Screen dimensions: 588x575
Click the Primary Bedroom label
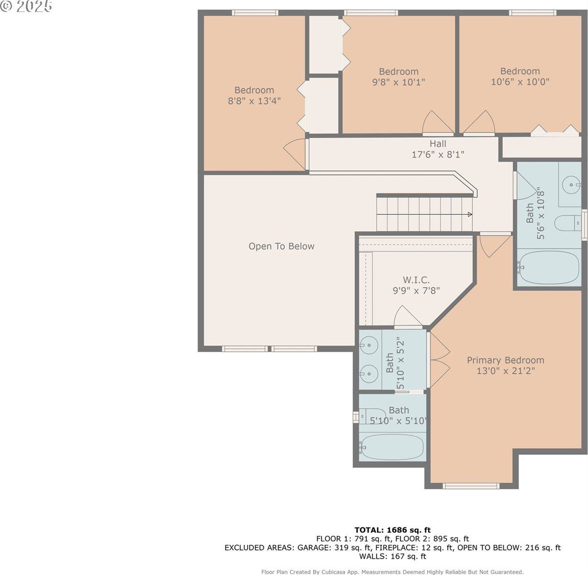[506, 360]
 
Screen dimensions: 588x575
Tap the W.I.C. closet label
[416, 280]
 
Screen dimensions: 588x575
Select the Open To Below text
[281, 246]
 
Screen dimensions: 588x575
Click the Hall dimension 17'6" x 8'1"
[438, 154]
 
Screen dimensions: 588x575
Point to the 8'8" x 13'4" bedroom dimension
[254, 101]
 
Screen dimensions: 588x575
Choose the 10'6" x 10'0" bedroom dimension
[520, 81]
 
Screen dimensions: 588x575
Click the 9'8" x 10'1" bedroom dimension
[398, 82]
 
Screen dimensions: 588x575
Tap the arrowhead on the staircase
[470, 214]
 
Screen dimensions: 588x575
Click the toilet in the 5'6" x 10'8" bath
[568, 223]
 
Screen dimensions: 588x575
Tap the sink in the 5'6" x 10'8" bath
[572, 184]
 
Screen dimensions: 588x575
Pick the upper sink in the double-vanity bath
[369, 345]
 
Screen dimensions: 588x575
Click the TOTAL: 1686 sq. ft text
[392, 529]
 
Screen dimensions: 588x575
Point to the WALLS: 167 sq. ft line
[393, 556]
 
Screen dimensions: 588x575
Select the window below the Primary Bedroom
[471, 486]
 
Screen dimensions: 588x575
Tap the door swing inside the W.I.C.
[407, 316]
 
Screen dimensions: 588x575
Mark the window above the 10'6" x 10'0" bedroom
[532, 12]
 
